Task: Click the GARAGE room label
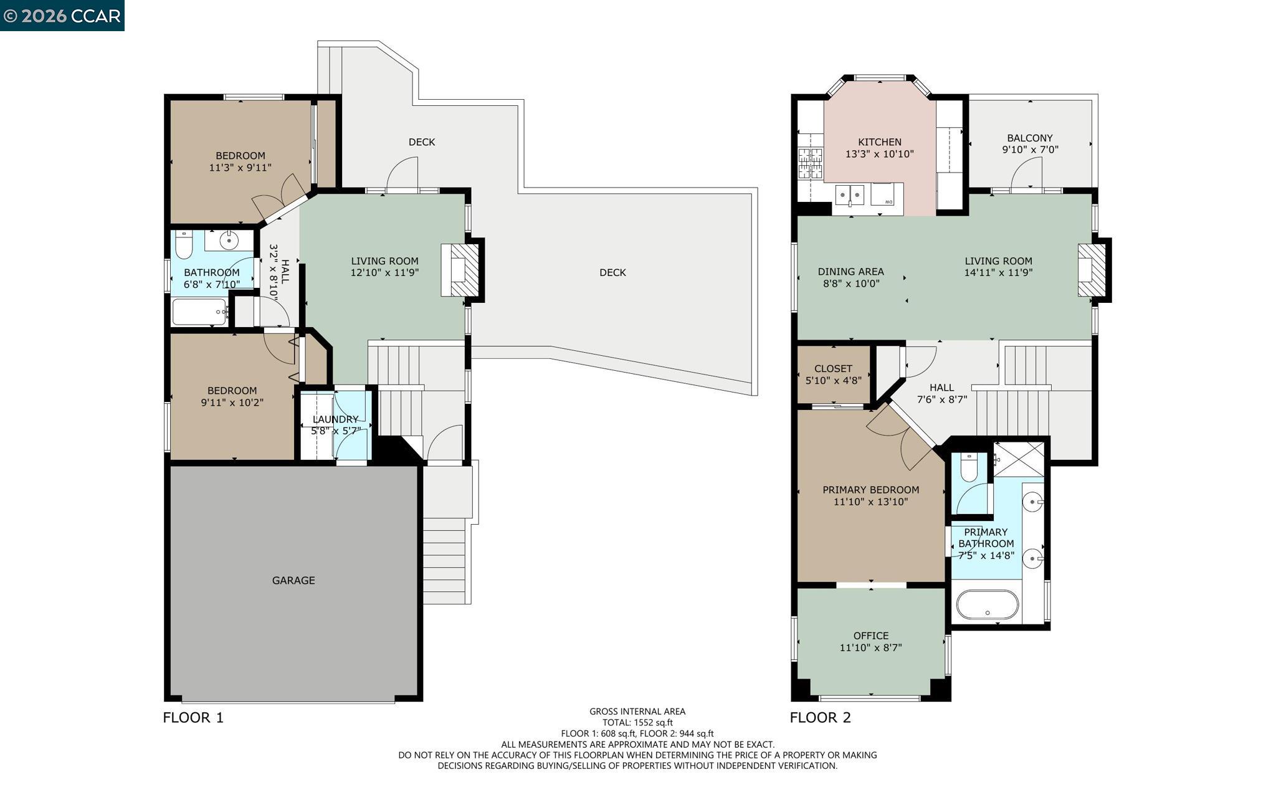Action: coord(293,580)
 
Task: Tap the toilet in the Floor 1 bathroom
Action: coord(183,246)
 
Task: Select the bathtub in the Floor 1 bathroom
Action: coord(199,312)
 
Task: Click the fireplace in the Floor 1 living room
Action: coord(461,270)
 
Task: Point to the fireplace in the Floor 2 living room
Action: coord(1092,270)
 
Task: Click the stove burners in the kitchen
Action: coord(810,164)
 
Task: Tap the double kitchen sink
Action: coord(850,195)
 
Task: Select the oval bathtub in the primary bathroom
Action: coord(987,604)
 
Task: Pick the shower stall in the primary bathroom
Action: coord(1018,459)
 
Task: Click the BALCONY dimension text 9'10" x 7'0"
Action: coord(1030,150)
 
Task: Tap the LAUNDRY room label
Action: coord(335,419)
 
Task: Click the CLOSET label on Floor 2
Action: coord(833,369)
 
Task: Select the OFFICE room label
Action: coord(870,636)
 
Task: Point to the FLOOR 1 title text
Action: coord(193,718)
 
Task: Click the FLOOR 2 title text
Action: coord(820,718)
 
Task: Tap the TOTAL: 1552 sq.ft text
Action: coord(637,723)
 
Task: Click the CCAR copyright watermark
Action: coord(62,16)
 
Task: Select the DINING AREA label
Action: coord(850,272)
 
